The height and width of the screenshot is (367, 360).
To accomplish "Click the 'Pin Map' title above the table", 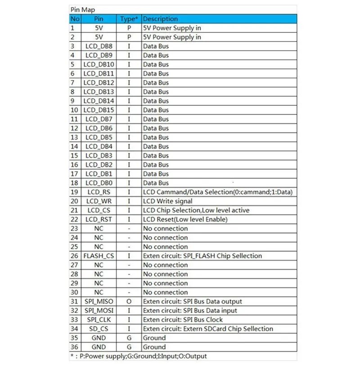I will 82,9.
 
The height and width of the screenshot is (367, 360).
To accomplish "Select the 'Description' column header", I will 160,19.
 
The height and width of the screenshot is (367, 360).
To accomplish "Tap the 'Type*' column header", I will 129,19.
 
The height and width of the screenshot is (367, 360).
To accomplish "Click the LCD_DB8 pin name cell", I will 99,46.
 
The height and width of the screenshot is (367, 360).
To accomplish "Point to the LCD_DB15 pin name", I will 99,110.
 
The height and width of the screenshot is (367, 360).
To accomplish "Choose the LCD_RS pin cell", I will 99,192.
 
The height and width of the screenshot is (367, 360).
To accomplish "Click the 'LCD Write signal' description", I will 167,201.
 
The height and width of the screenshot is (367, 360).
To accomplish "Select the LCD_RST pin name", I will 99,219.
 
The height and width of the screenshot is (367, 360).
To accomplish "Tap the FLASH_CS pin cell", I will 99,256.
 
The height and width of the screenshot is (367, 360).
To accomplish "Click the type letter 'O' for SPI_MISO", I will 129,301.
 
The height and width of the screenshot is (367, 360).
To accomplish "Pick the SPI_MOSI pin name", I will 99,310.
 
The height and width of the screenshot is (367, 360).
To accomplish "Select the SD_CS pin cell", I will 99,329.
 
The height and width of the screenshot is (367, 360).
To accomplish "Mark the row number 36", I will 74,347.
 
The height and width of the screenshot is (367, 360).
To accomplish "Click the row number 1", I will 72,28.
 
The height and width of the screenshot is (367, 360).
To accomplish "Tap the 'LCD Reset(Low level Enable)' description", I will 185,219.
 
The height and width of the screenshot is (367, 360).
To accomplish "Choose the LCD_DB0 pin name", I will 99,183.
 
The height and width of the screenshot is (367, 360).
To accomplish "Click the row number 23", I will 74,228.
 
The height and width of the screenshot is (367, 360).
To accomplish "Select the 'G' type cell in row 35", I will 129,338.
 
